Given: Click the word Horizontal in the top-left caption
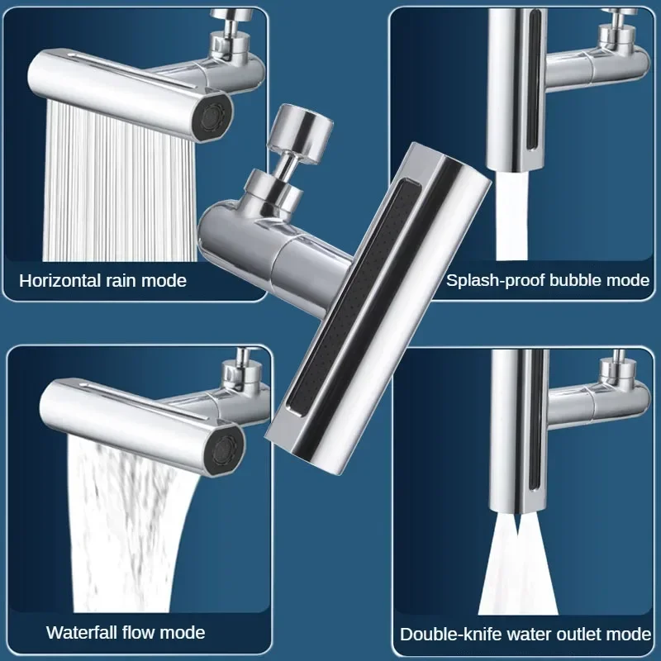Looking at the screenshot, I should coord(62,280).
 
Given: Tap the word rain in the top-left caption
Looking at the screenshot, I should coord(126,280).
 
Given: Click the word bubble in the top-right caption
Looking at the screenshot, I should coord(573,280).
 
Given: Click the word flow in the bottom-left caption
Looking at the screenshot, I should coord(143,633).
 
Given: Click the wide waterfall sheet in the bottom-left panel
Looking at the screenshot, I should coord(136,529).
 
